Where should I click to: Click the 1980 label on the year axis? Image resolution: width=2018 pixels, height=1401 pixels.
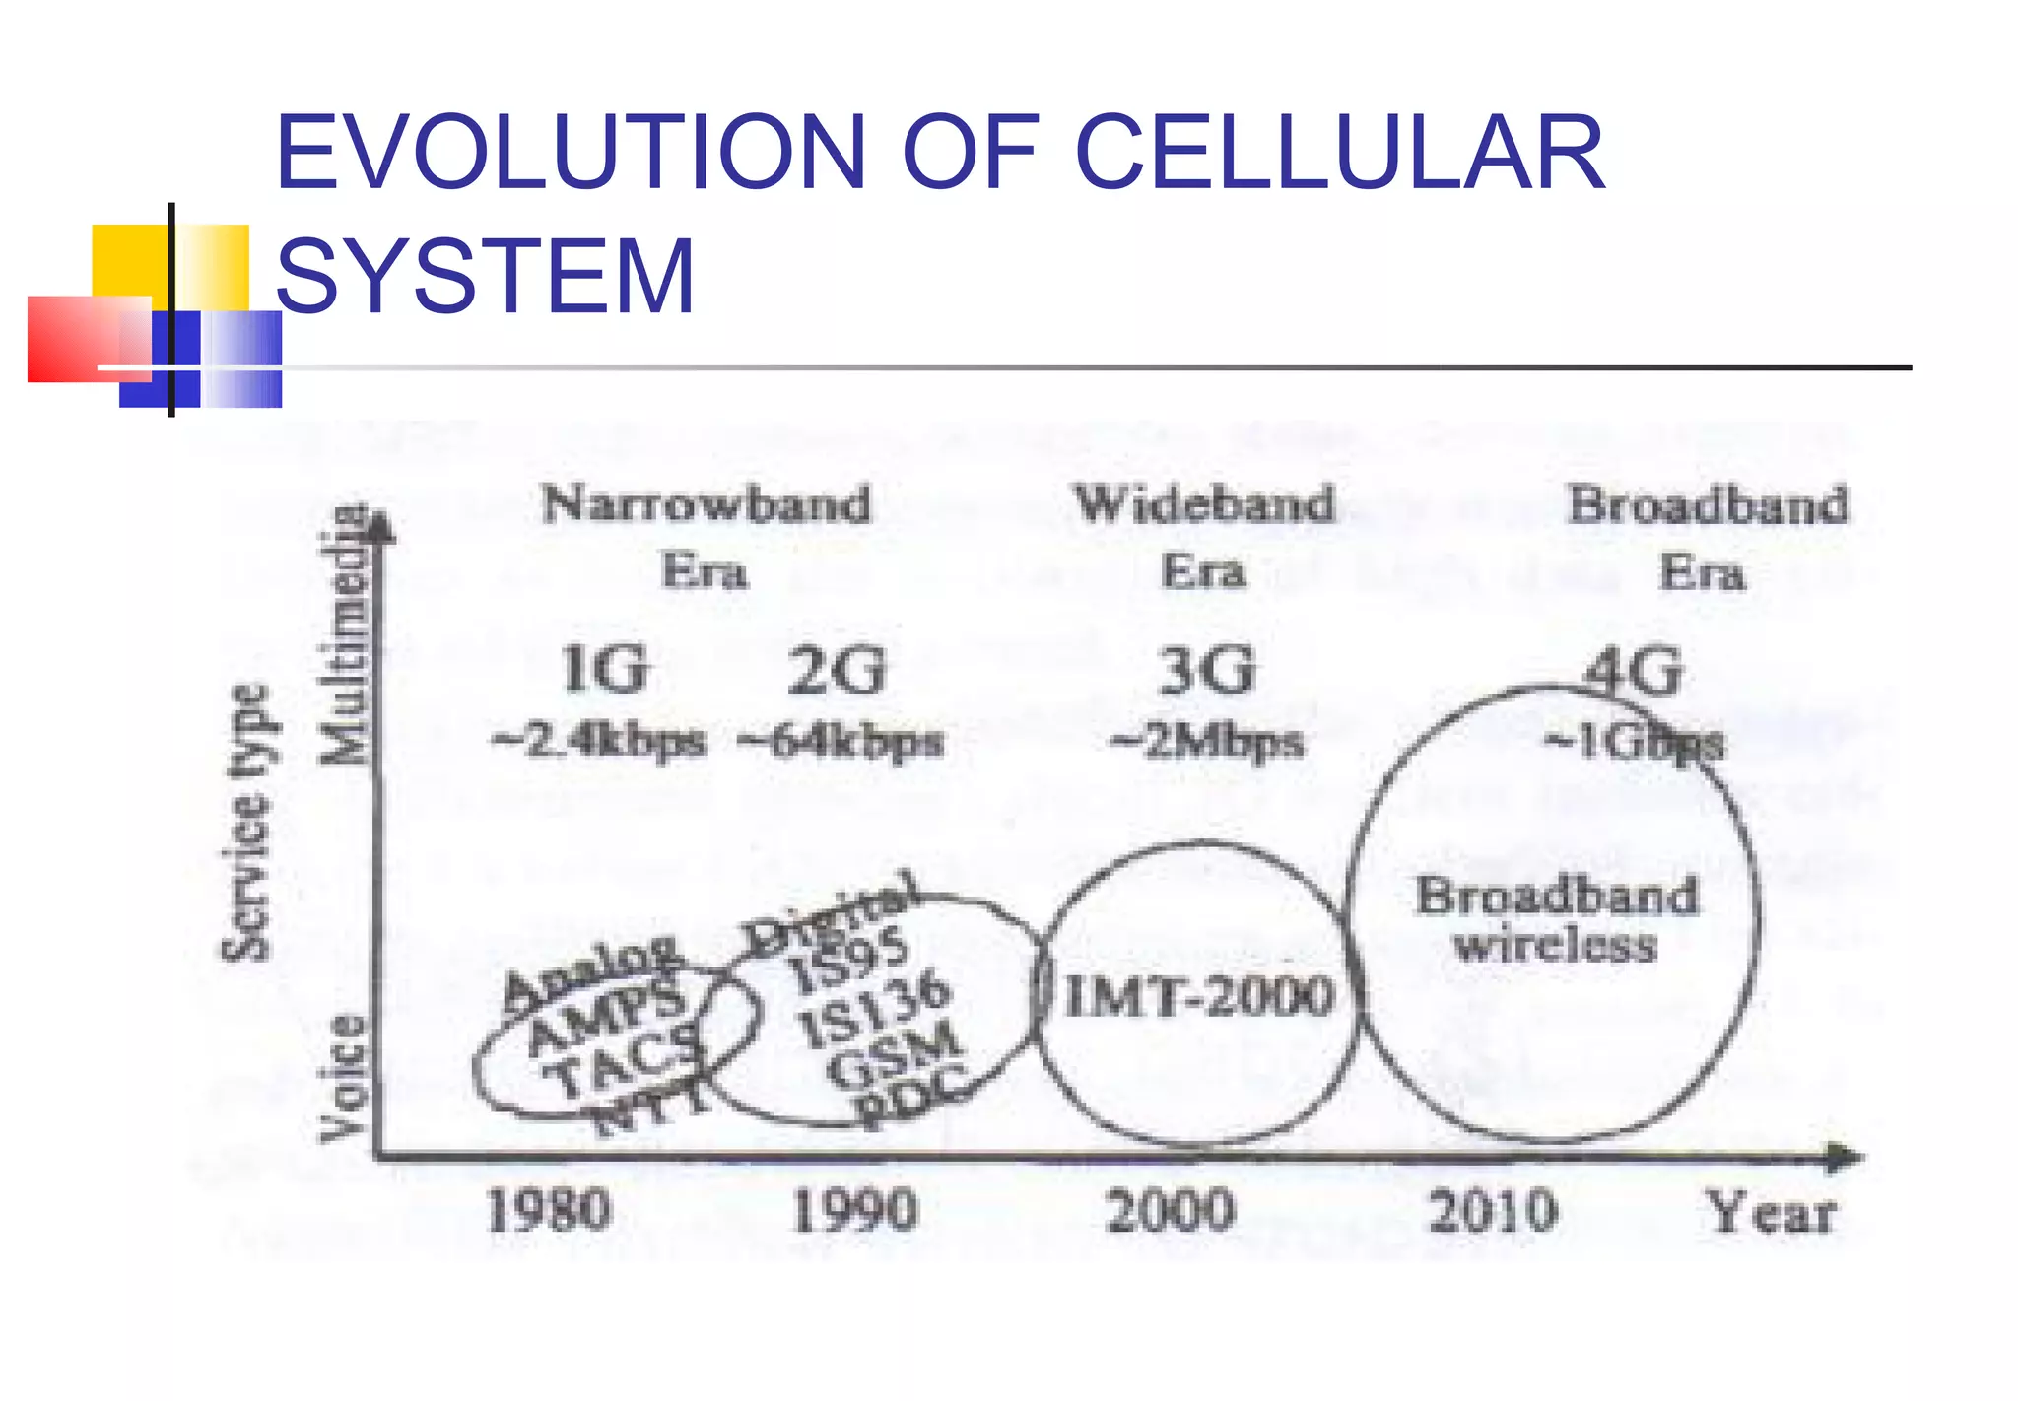coord(549,1210)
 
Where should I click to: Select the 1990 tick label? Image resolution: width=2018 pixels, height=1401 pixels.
coord(854,1210)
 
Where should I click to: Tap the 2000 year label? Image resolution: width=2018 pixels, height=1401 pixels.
coord(1170,1210)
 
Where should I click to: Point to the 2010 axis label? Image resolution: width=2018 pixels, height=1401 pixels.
coord(1493,1210)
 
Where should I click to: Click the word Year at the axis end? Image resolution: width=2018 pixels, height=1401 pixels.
coord(1771,1212)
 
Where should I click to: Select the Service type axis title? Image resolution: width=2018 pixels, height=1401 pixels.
coord(243,823)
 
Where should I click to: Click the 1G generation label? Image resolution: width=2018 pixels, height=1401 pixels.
coord(604,670)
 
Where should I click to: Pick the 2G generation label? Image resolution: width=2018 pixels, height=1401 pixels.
coord(837,670)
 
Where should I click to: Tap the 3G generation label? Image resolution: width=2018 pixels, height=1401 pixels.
coord(1207,670)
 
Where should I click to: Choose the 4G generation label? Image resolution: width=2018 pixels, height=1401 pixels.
coord(1633,672)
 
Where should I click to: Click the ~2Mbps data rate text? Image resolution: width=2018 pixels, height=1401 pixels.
coord(1206,741)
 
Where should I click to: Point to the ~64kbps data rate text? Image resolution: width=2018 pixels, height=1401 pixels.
coord(840,741)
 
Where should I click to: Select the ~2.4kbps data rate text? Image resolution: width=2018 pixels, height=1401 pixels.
coord(599,741)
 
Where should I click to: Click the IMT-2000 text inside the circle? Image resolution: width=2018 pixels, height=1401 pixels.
coord(1200,995)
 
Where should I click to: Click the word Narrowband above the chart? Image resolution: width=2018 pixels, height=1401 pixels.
coord(706,504)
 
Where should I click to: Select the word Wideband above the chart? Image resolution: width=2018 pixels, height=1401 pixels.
coord(1204,504)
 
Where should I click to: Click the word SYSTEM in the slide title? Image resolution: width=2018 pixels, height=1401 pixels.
coord(486,276)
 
